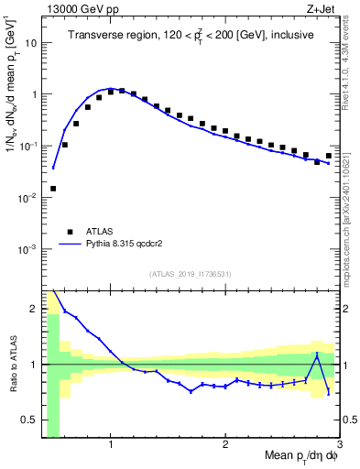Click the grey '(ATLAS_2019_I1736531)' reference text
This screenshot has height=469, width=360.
pos(191,273)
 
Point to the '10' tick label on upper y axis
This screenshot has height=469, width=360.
pos(30,43)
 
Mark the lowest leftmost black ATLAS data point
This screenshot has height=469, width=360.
pos(53,189)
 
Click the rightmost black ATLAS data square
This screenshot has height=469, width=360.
pos(329,156)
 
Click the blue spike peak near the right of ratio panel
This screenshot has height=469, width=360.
pos(317,354)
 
